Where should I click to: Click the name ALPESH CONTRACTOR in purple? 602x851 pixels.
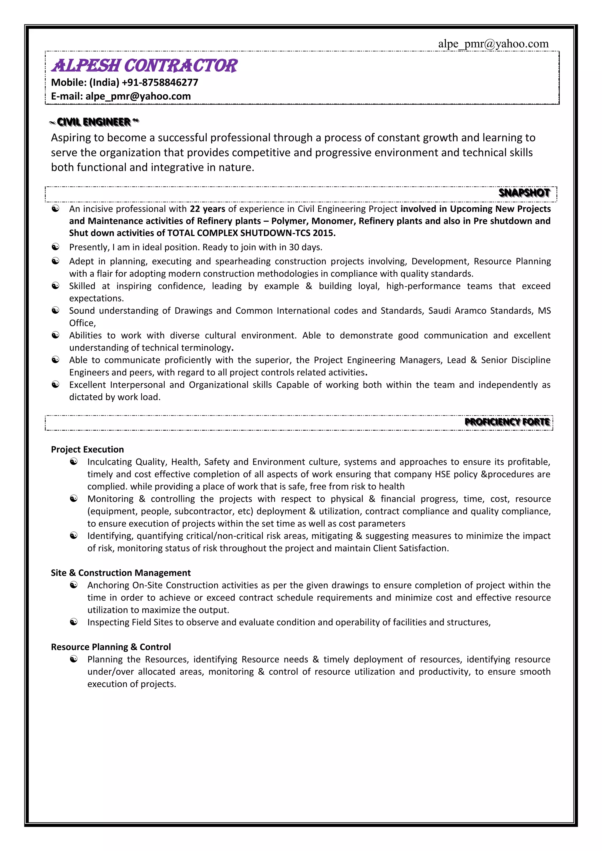point(144,66)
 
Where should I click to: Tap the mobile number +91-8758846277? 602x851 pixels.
point(160,82)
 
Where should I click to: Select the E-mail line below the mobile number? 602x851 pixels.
point(121,96)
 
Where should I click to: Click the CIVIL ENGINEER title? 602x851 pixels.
point(94,122)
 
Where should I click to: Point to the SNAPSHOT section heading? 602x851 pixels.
point(524,193)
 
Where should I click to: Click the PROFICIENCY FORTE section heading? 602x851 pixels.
point(507,422)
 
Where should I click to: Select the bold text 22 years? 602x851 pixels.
point(207,209)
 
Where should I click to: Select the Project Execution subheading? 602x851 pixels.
point(88,449)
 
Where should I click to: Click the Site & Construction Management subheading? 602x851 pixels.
point(121,573)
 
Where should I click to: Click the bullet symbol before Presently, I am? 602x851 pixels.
point(55,247)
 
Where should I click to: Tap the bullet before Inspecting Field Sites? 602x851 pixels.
point(74,622)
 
